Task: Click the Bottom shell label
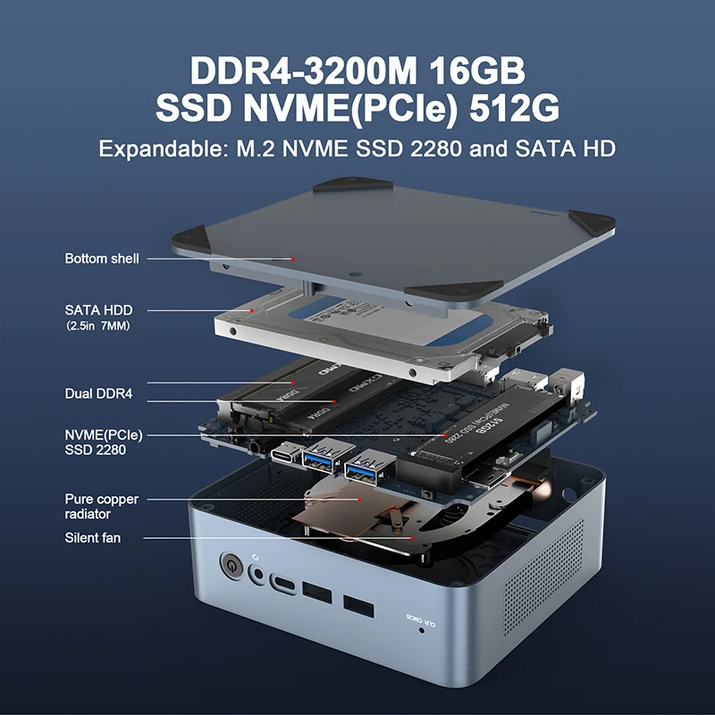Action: pos(102,258)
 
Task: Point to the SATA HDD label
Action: pos(98,310)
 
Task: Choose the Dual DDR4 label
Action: pos(98,393)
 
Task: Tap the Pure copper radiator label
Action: pos(102,507)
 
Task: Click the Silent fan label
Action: pos(92,538)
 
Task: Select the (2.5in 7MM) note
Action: pos(98,327)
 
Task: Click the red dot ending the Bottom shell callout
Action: pos(292,258)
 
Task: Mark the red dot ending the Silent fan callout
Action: pos(410,538)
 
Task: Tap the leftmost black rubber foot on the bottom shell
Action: pos(189,237)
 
